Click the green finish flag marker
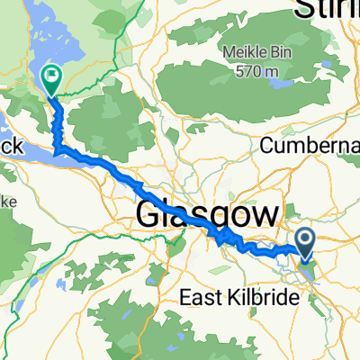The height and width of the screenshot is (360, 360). (51, 79)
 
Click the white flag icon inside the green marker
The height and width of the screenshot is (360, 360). (51, 77)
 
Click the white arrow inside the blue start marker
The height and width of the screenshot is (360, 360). (305, 239)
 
